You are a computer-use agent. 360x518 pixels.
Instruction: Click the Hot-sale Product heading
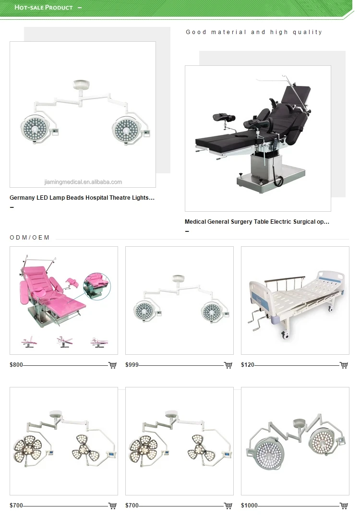(44, 8)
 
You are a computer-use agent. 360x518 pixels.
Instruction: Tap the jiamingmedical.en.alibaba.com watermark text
(83, 182)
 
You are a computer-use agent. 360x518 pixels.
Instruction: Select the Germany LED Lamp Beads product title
(82, 198)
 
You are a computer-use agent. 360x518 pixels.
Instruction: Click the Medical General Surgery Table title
(257, 222)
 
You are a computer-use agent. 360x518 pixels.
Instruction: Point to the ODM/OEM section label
(30, 238)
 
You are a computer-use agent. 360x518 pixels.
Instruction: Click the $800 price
(16, 365)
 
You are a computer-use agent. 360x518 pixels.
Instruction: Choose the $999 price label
(132, 365)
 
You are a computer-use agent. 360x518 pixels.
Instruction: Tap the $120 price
(248, 365)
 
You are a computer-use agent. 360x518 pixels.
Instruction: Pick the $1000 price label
(249, 506)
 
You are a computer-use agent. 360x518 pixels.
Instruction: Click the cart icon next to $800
(112, 365)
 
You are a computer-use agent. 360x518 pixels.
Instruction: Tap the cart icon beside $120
(344, 365)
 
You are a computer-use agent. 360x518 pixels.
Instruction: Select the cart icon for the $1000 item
(344, 506)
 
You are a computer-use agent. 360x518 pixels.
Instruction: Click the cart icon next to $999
(228, 365)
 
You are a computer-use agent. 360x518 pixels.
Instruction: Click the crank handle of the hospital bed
(255, 322)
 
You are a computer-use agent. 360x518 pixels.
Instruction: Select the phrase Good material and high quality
(254, 32)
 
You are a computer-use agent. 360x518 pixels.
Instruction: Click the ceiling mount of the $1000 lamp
(299, 423)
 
